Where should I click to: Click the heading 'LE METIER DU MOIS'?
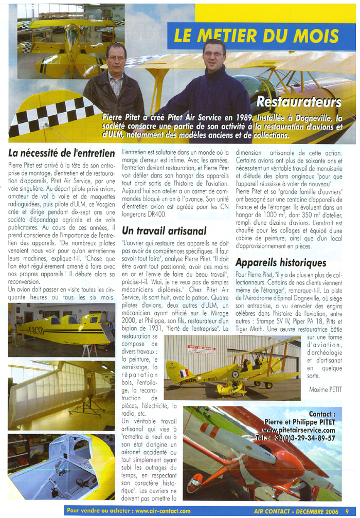coord(256,35)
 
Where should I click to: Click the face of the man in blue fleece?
coord(214,55)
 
